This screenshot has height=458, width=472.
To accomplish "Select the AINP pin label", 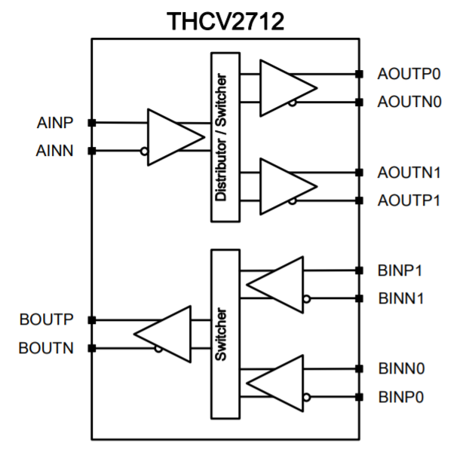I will click(x=55, y=122).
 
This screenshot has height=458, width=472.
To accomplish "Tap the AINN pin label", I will click(x=54, y=151).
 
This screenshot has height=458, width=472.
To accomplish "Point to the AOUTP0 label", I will click(x=409, y=74).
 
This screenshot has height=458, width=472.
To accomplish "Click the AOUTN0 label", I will click(x=409, y=101).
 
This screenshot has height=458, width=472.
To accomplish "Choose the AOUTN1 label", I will click(x=409, y=173).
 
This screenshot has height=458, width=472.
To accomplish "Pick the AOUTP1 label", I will click(x=409, y=200).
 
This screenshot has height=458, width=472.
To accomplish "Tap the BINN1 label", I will click(x=401, y=298).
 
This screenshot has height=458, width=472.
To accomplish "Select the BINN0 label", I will click(x=401, y=368).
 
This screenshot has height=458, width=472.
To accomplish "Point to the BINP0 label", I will click(x=401, y=395).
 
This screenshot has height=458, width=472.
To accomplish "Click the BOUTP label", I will click(x=46, y=319).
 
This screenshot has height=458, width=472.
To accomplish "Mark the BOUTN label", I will click(x=46, y=348).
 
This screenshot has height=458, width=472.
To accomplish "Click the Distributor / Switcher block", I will click(x=222, y=137).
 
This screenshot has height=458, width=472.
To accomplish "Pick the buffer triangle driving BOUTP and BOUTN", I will click(x=164, y=334).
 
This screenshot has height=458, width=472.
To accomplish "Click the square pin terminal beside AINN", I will click(x=92, y=151).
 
